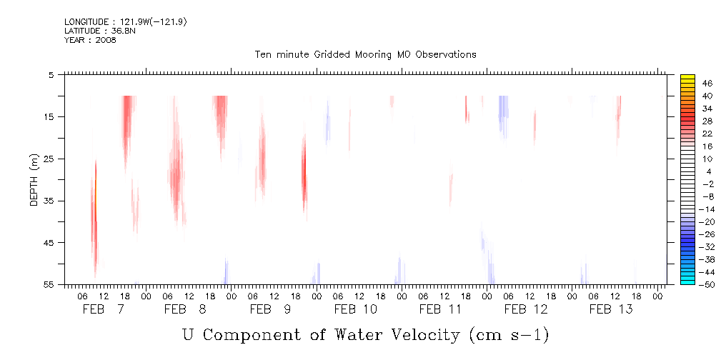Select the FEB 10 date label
(355, 309)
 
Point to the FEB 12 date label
(525, 309)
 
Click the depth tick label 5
(51, 74)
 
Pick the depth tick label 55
(49, 284)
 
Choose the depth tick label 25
(49, 159)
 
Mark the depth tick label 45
(49, 243)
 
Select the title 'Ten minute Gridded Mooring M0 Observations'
(365, 55)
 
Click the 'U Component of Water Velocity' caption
(365, 334)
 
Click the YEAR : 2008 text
(90, 40)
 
